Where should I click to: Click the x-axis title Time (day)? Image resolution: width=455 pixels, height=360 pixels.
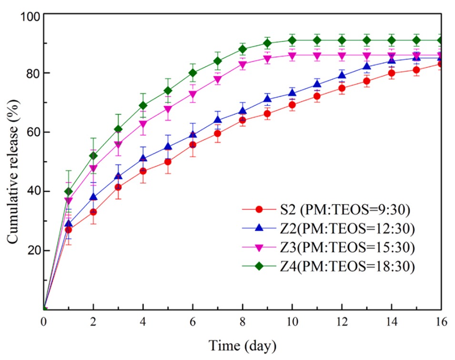(242, 344)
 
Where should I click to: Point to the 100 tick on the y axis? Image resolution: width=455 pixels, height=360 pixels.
(30, 14)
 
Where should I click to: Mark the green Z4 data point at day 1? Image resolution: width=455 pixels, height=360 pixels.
(69, 191)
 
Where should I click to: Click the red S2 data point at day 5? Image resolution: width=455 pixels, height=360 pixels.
(168, 162)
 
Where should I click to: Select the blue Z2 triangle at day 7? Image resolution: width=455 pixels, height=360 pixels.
(218, 120)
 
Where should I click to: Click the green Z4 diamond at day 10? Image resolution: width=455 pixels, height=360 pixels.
(292, 40)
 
